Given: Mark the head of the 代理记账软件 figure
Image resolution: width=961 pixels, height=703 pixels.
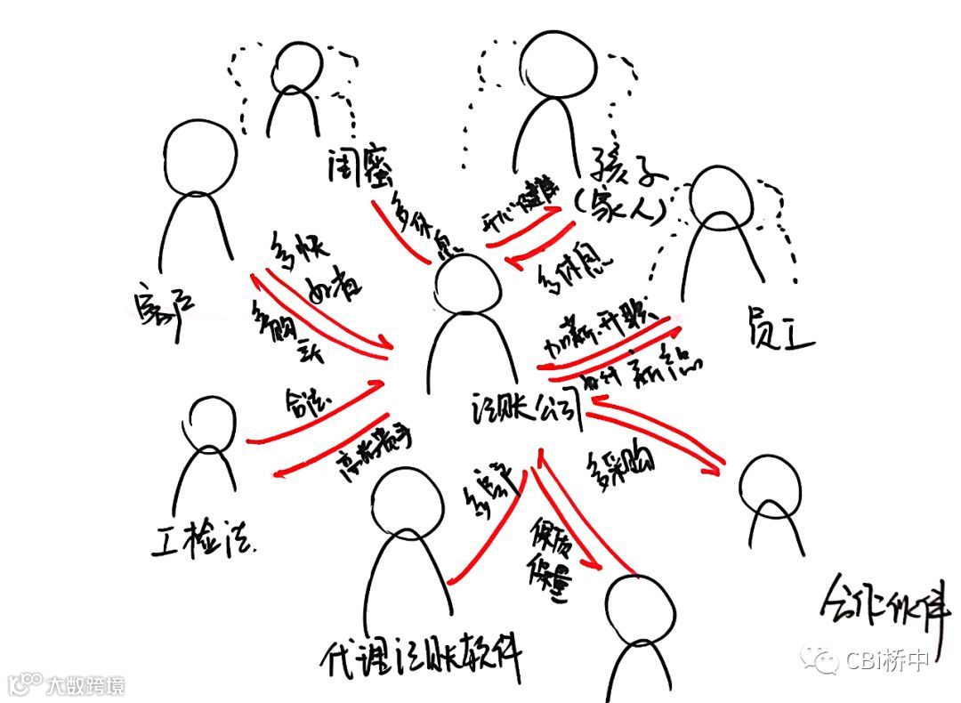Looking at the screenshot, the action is pyautogui.click(x=408, y=503).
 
